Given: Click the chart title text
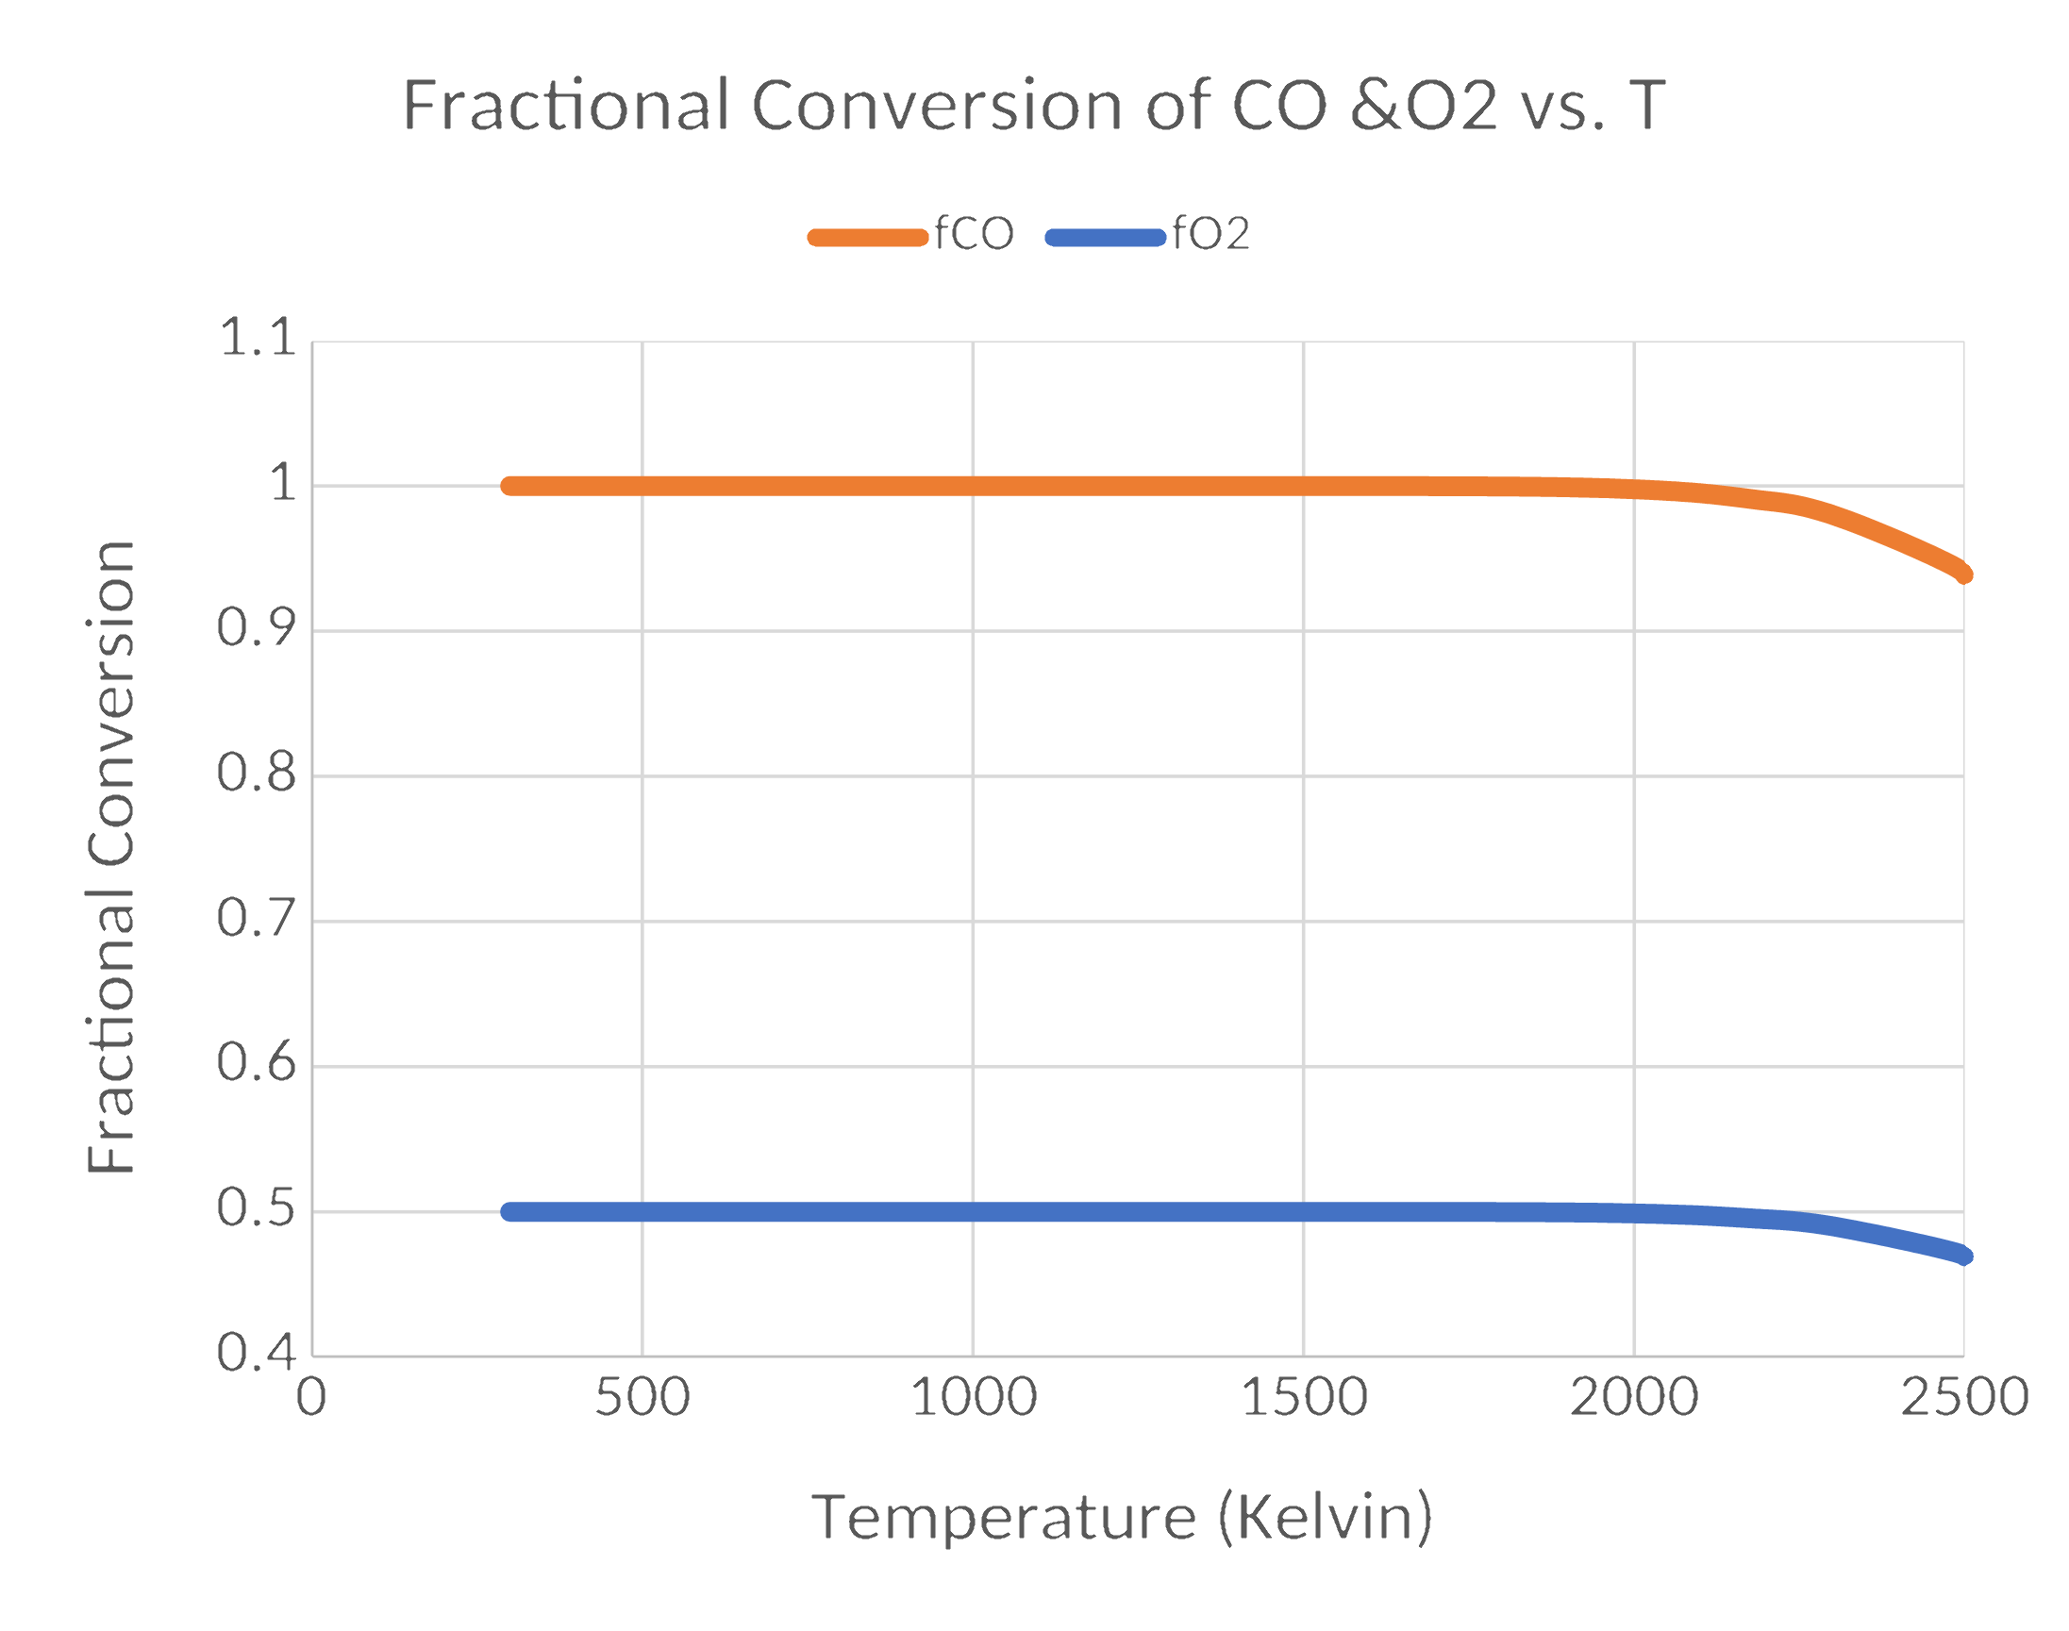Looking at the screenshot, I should tap(1033, 104).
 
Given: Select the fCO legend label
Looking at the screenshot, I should tap(974, 234).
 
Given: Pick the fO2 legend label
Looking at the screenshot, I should tap(1210, 234).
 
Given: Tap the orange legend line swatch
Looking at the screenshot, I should tap(867, 238).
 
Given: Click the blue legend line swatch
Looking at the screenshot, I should tap(1105, 238).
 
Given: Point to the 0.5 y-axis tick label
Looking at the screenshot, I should tap(257, 1209).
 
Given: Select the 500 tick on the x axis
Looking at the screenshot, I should tap(642, 1398).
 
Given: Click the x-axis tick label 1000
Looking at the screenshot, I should tap(974, 1398).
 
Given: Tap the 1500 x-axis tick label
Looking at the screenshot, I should tap(1304, 1398).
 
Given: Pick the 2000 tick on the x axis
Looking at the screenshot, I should tap(1634, 1398).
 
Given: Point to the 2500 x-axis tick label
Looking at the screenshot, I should tap(1964, 1398).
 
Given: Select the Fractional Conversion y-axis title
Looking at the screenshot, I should tap(111, 857).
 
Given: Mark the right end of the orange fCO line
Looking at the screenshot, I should tap(1963, 574).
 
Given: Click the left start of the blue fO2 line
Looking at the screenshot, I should tap(511, 1212).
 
